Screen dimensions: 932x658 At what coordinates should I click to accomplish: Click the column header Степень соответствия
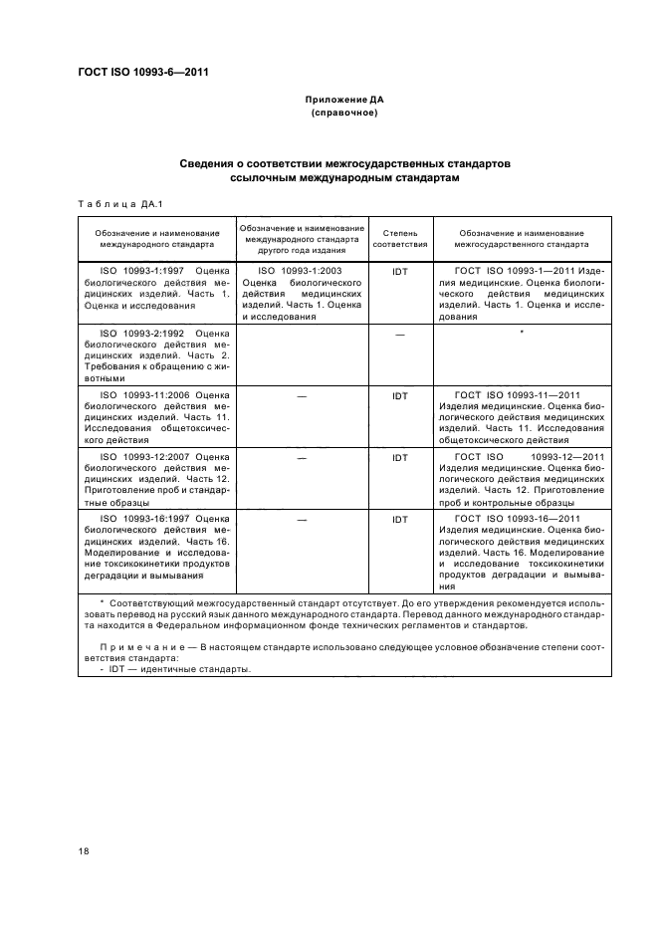[400, 237]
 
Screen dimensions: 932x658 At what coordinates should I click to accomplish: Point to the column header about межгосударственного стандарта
[521, 237]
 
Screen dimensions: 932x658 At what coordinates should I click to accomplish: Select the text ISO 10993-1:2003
[300, 270]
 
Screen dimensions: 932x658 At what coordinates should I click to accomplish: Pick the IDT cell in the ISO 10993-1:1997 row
[400, 270]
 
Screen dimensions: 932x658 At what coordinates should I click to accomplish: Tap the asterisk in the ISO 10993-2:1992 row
[521, 333]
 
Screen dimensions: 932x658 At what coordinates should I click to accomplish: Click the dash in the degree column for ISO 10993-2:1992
[400, 335]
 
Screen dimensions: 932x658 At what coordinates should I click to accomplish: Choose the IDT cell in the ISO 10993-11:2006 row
[400, 396]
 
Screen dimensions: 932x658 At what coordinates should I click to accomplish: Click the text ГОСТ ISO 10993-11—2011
[516, 395]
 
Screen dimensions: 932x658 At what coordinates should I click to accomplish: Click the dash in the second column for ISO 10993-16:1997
[301, 520]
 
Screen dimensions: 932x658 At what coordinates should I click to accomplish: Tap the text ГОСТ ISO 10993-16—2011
[516, 519]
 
